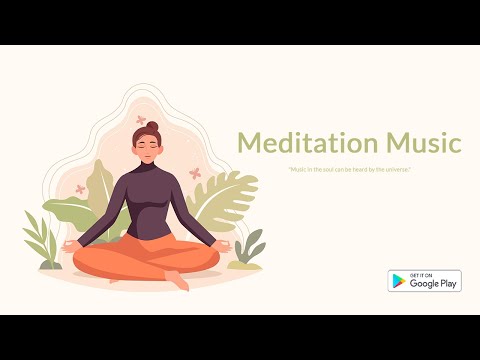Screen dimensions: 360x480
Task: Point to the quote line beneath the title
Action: tap(350, 169)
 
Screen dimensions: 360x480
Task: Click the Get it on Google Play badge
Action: tap(424, 281)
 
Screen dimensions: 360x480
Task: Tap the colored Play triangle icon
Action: tap(398, 281)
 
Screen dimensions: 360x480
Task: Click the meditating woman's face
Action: tap(148, 150)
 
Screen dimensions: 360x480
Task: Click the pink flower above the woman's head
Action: tap(141, 120)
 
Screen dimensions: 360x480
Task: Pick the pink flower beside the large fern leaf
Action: tap(194, 173)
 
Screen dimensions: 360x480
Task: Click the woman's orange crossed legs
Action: tap(145, 259)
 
